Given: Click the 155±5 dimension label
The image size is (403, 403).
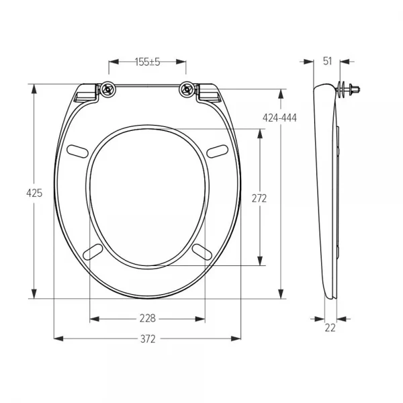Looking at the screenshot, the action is (148, 62).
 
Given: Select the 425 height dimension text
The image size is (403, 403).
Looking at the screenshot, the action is (34, 193).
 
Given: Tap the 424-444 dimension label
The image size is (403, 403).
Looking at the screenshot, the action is (279, 118).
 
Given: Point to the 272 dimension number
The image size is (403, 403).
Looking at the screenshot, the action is (259, 198).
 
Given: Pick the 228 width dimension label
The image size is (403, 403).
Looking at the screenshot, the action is (148, 318).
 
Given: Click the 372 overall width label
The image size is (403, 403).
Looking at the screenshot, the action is (148, 339).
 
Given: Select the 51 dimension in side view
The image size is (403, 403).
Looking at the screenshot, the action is (328, 61).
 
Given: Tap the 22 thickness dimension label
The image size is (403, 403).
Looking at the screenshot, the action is (330, 328).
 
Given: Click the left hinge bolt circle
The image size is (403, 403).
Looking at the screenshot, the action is (107, 89).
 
